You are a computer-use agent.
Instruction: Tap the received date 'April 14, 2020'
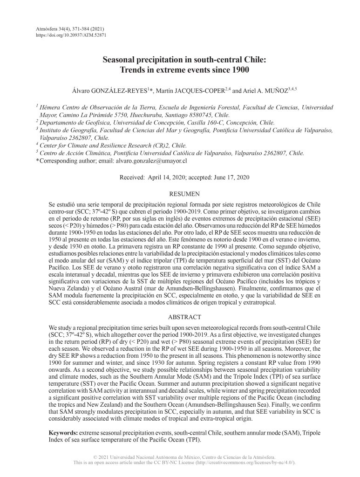coord(164,177)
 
